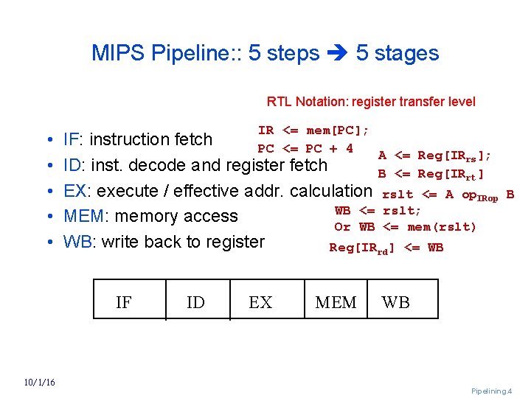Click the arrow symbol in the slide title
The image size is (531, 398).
337,54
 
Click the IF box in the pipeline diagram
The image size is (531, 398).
124,302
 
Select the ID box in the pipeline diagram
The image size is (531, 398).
195,302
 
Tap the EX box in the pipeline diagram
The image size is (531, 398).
260,302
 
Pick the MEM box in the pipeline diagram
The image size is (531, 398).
336,302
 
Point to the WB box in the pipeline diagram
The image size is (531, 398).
395,302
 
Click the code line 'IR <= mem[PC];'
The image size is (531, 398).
313,130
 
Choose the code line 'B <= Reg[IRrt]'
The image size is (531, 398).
431,174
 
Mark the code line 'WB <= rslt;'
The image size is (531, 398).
378,211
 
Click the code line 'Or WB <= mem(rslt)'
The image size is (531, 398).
405,226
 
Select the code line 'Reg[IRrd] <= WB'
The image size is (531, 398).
386,248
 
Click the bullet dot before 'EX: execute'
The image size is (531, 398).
47,192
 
